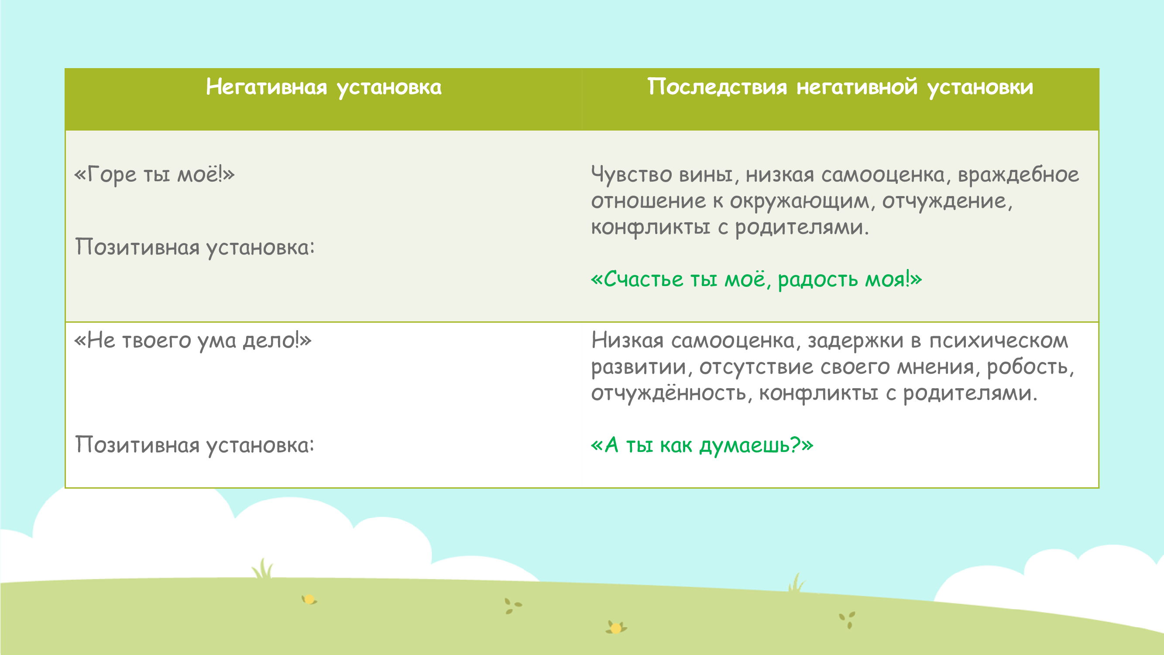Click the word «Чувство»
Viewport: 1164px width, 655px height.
point(631,175)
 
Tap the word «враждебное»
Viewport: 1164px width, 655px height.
point(1019,175)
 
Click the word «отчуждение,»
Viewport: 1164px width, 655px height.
point(948,201)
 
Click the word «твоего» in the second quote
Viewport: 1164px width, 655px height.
point(157,341)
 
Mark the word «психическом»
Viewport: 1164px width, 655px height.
point(999,341)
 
